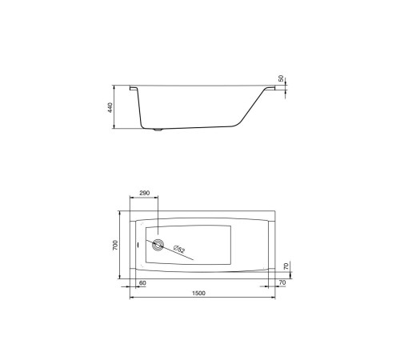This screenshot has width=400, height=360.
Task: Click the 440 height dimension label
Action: [x=110, y=107]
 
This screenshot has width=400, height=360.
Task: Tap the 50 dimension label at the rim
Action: [x=281, y=78]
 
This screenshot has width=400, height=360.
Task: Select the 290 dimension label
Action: [x=145, y=193]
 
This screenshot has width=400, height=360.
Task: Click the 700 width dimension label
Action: [x=115, y=245]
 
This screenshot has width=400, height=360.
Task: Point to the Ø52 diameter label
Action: [x=179, y=249]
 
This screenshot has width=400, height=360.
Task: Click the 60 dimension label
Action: [x=142, y=283]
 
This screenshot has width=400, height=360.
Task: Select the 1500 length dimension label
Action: [x=198, y=294]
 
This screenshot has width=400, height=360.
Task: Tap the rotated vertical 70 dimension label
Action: [x=286, y=266]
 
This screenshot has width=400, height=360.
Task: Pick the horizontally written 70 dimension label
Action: [x=282, y=282]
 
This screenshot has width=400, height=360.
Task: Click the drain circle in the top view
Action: [x=158, y=245]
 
